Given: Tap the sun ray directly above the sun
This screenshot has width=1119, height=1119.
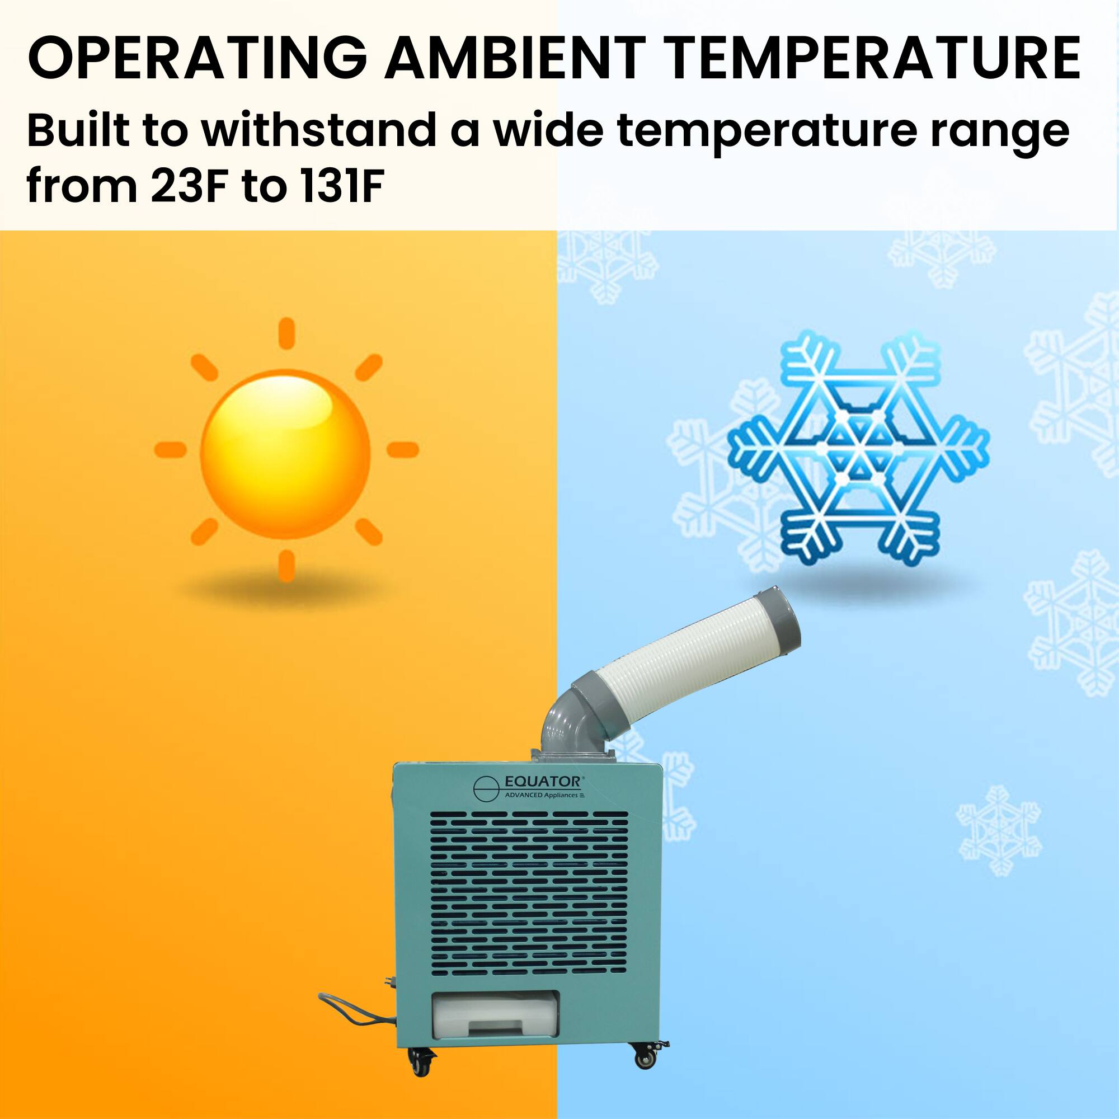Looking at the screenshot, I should coord(286,334).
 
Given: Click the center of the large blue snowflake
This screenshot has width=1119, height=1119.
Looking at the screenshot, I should coord(858,449).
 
